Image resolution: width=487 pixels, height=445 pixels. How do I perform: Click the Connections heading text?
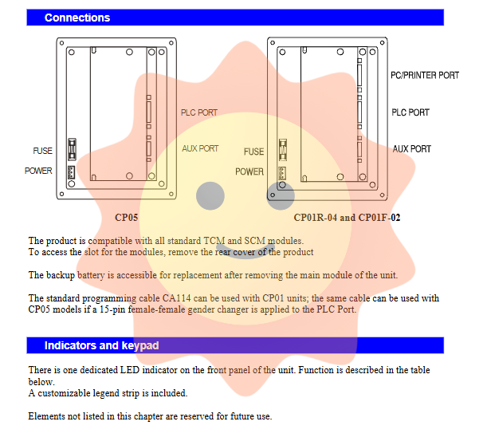tap(77, 18)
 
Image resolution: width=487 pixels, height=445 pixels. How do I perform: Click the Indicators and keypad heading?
tap(101, 345)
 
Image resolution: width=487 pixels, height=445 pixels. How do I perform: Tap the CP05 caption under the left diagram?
tap(127, 217)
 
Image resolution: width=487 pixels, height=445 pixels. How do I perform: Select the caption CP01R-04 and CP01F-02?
tap(347, 217)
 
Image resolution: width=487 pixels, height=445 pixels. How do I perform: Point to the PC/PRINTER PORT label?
tap(425, 76)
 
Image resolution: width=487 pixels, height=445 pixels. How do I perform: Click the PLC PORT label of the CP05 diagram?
tap(198, 113)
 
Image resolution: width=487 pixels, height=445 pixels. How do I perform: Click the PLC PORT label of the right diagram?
tap(410, 112)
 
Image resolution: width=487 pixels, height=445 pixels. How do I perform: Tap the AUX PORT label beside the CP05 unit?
tap(200, 148)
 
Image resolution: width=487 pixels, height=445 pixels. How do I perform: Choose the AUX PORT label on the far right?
tap(411, 149)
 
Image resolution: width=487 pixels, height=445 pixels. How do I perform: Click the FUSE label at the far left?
tap(42, 151)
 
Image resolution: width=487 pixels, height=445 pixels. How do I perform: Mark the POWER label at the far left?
tap(38, 171)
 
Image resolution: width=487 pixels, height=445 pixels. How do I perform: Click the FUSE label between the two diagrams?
tap(253, 152)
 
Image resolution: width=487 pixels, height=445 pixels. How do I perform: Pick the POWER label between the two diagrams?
tap(249, 171)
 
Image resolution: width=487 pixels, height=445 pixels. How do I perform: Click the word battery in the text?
tap(90, 275)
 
